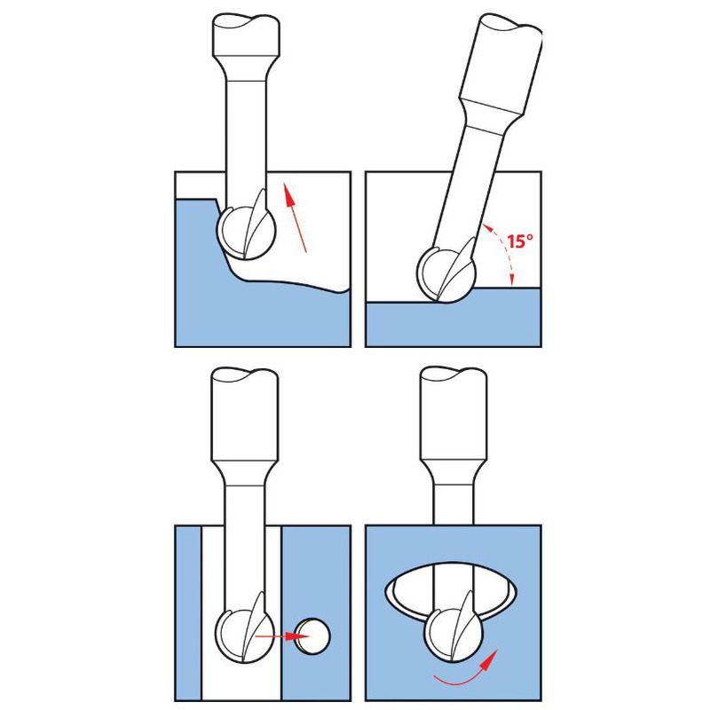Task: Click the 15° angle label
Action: [520, 241]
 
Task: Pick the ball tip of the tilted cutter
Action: [446, 274]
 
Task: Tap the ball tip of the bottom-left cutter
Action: [245, 636]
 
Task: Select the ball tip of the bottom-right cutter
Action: [454, 635]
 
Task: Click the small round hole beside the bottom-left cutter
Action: [313, 636]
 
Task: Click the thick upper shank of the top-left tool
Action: [246, 35]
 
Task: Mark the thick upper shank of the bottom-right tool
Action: [454, 414]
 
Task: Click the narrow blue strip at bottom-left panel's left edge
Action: [188, 613]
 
